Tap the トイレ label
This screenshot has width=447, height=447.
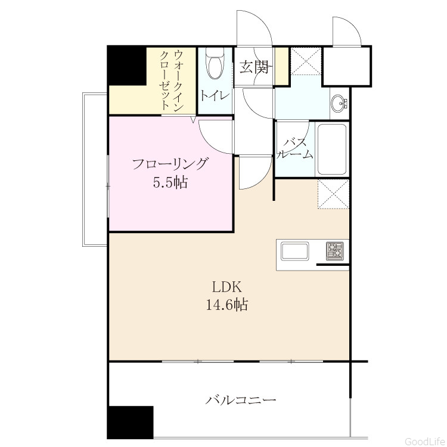[x=215, y=95]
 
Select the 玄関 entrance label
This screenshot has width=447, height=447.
[x=254, y=67]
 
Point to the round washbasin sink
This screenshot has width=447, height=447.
[x=339, y=103]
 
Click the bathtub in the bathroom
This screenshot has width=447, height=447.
[x=332, y=149]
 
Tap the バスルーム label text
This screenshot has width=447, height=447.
[x=295, y=148]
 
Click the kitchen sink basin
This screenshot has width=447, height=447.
[x=295, y=251]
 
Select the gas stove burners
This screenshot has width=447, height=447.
[x=335, y=251]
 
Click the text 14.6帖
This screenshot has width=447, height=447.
[x=226, y=305]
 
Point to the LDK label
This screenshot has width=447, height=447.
[x=227, y=287]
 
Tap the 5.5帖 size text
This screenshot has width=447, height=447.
[x=170, y=182]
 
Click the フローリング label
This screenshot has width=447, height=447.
[x=170, y=164]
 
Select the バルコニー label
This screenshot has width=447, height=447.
[x=241, y=401]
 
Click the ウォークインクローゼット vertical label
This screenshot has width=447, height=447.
[x=171, y=80]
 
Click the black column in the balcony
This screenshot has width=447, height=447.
[x=131, y=423]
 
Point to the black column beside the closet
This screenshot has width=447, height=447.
[x=127, y=66]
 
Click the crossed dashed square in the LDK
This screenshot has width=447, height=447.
[x=333, y=194]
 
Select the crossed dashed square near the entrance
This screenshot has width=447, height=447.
[x=306, y=61]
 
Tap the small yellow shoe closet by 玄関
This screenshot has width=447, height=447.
[x=282, y=66]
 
